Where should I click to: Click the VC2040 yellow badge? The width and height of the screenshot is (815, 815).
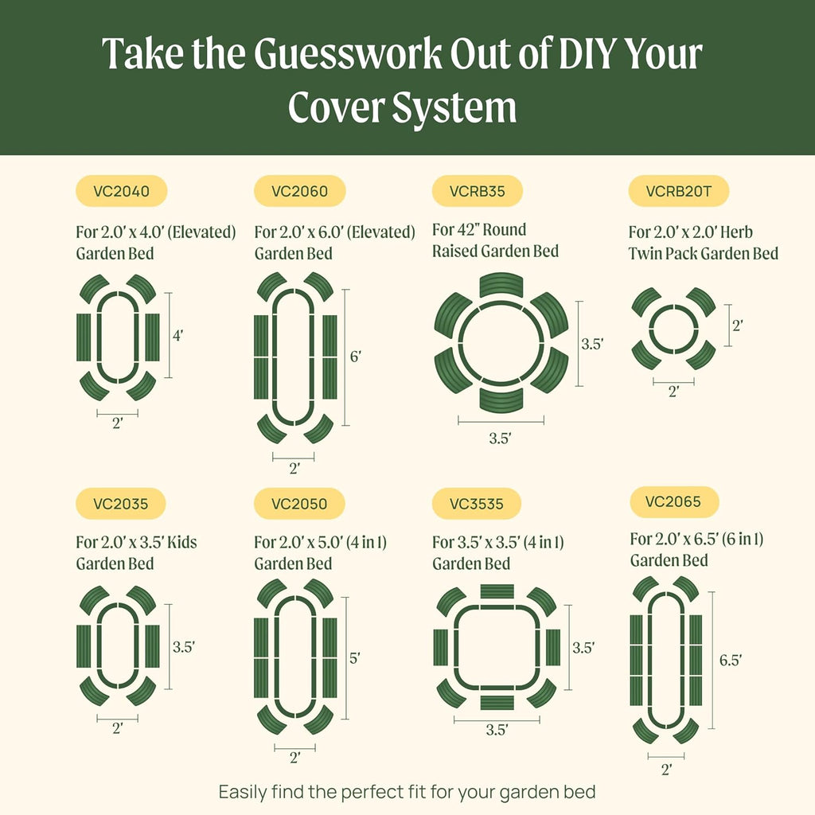pos(120,191)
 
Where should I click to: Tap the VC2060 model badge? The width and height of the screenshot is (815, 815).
pos(298,191)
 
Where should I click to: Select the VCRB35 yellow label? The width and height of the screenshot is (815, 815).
pos(477,191)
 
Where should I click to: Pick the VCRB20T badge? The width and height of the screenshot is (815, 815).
pos(678,191)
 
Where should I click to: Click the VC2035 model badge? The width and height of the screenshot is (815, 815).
pos(120,503)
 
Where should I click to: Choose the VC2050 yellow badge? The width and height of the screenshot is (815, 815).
pos(298,503)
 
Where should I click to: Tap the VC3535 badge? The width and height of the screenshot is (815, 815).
pos(477,503)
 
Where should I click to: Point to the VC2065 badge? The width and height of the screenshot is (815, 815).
pos(674,501)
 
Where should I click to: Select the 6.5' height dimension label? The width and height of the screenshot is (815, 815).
pos(730,660)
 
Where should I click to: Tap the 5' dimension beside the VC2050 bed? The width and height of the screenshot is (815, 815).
pos(355,658)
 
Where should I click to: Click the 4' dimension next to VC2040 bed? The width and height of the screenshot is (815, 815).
pos(177,336)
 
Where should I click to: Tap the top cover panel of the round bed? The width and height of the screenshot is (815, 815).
pos(501,284)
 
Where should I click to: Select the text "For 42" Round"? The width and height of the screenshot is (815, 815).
pos(479,230)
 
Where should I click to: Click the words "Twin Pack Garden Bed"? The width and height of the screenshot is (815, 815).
pos(704,253)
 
